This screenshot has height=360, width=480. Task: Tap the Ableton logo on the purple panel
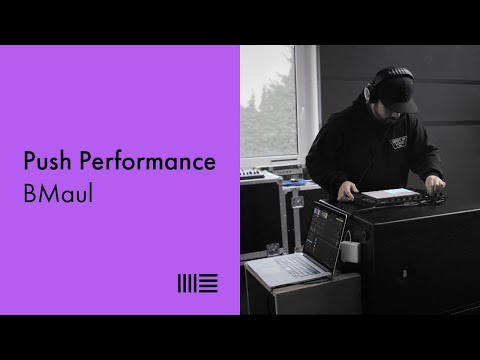(x=197, y=282)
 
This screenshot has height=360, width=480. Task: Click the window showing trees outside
(x=270, y=120)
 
